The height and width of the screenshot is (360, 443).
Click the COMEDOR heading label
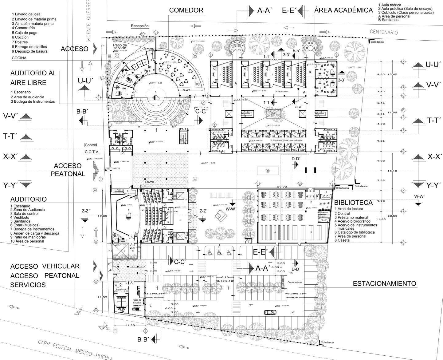pyautogui.click(x=186, y=10)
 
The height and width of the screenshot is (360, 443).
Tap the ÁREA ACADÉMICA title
pyautogui.click(x=343, y=10)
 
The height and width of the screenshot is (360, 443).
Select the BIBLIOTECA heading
pyautogui.click(x=353, y=203)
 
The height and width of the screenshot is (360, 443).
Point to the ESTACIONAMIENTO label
pyautogui.click(x=384, y=283)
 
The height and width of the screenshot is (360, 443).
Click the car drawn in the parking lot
pyautogui.click(x=270, y=312)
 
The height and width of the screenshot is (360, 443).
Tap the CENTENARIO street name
pyautogui.click(x=384, y=32)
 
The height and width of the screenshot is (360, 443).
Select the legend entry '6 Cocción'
pyautogui.click(x=20, y=37)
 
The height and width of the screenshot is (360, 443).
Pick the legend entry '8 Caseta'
pyautogui.click(x=342, y=240)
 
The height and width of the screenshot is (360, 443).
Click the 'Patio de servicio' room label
pyautogui.click(x=120, y=47)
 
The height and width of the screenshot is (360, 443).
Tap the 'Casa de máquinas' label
pyautogui.click(x=137, y=301)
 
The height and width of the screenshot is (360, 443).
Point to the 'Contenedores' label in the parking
pyautogui.click(x=295, y=282)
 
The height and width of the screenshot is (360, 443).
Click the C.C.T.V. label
pyautogui.click(x=92, y=152)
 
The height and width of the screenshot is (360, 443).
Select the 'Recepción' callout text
pyautogui.click(x=139, y=26)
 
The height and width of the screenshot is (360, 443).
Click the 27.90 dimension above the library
pyautogui.click(x=282, y=187)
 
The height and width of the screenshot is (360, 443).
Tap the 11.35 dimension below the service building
pyautogui.click(x=130, y=325)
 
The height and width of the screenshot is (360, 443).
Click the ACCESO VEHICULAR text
pyautogui.click(x=45, y=266)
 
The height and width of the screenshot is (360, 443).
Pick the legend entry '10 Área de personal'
pyautogui.click(x=27, y=241)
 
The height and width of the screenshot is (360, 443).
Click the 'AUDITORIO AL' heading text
pyautogui.click(x=33, y=73)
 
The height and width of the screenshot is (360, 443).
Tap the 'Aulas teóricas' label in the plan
pyautogui.click(x=282, y=92)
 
